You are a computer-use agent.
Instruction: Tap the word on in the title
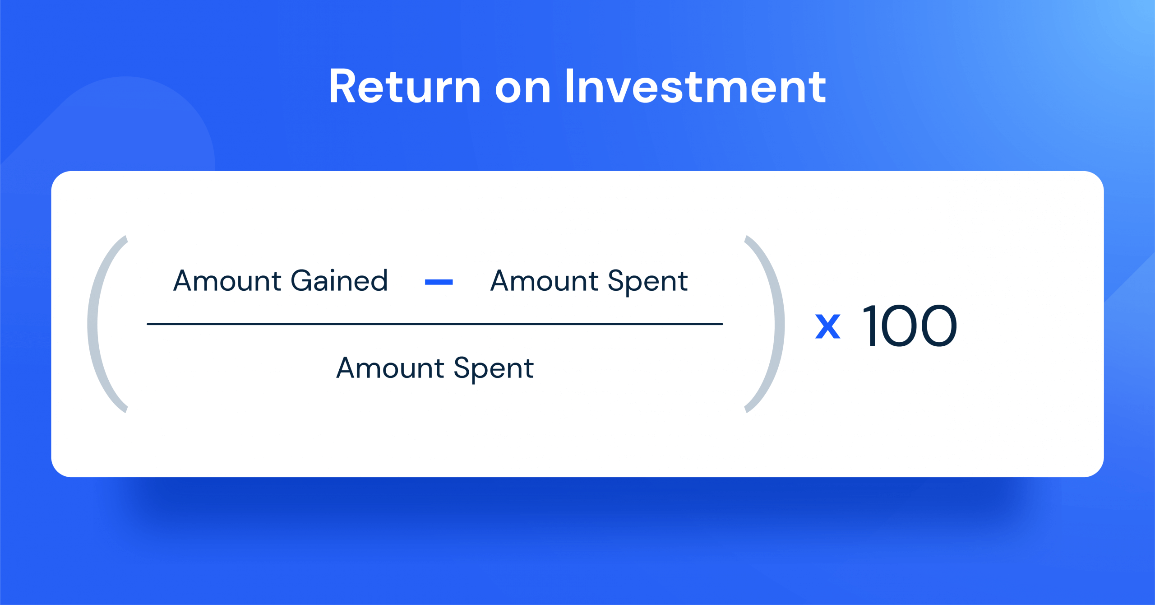pyautogui.click(x=523, y=88)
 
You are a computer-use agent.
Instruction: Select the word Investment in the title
pyautogui.click(x=695, y=87)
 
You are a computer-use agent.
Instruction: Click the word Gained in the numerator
pyautogui.click(x=339, y=281)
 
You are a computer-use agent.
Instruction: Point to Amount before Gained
pyautogui.click(x=227, y=281)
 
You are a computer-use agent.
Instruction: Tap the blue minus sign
pyautogui.click(x=439, y=282)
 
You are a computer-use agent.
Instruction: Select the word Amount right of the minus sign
pyautogui.click(x=545, y=281)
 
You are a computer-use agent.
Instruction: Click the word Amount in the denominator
pyautogui.click(x=390, y=368)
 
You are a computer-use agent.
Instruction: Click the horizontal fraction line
pyautogui.click(x=434, y=324)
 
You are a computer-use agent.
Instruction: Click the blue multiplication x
pyautogui.click(x=827, y=326)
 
